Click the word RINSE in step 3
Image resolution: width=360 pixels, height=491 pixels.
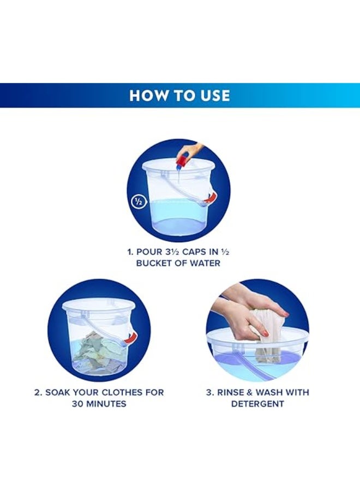(232, 392)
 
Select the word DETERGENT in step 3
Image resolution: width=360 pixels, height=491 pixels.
(257, 404)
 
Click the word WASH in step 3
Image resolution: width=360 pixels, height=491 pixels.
(269, 392)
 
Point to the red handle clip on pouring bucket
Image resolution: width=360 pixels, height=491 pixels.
(208, 200)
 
